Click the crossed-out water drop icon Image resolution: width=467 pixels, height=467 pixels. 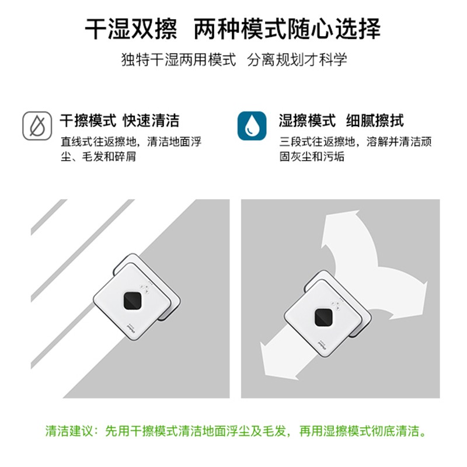(37, 126)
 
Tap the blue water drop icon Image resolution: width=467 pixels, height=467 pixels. (252, 126)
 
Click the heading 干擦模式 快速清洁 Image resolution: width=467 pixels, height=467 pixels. (120, 121)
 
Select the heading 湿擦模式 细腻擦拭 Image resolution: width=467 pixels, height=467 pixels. (341, 121)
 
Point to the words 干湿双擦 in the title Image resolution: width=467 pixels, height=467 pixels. (131, 29)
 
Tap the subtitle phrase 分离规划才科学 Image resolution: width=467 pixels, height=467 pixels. (297, 60)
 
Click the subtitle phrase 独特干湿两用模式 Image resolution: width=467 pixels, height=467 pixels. (179, 60)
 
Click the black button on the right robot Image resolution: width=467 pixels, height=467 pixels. (323, 318)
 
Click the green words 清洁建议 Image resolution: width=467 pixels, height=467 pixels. (69, 431)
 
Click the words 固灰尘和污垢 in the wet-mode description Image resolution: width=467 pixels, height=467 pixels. (312, 156)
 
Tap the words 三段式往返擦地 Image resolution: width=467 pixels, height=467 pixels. (317, 142)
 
